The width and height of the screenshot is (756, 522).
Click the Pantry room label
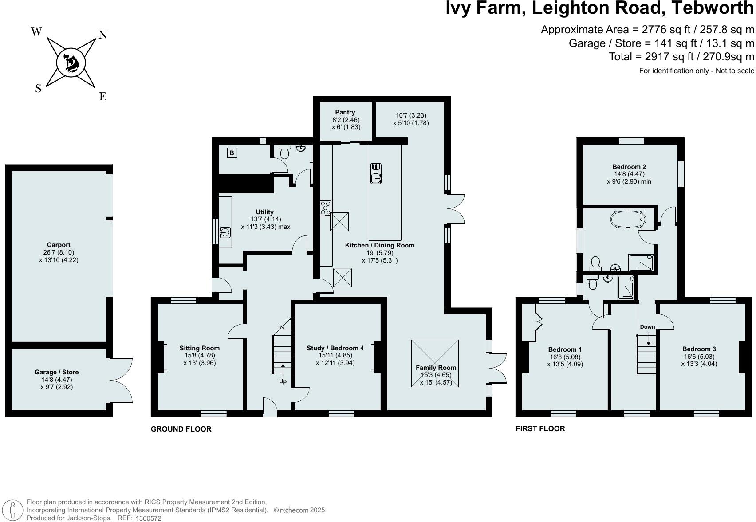pyautogui.click(x=345, y=112)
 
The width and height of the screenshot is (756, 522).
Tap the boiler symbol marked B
pyautogui.click(x=232, y=153)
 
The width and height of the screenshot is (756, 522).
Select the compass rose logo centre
pyautogui.click(x=71, y=63)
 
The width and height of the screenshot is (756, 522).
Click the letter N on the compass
pyautogui.click(x=102, y=35)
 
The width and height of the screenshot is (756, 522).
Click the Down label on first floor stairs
pyautogui.click(x=647, y=327)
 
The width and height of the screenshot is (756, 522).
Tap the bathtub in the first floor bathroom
pyautogui.click(x=627, y=219)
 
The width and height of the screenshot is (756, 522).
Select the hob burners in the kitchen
pyautogui.click(x=326, y=208)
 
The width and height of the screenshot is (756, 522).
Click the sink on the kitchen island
pyautogui.click(x=376, y=173)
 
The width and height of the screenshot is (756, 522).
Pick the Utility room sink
pyautogui.click(x=225, y=232)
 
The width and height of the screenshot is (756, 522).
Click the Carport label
pyautogui.click(x=59, y=245)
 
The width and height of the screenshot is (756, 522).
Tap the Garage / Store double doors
pyautogui.click(x=121, y=381)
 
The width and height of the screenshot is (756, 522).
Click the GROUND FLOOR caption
pyautogui.click(x=181, y=429)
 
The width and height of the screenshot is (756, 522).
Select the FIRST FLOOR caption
pyautogui.click(x=540, y=428)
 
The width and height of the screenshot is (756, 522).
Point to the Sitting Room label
pyautogui.click(x=199, y=348)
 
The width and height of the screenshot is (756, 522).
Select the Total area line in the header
pyautogui.click(x=681, y=57)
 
